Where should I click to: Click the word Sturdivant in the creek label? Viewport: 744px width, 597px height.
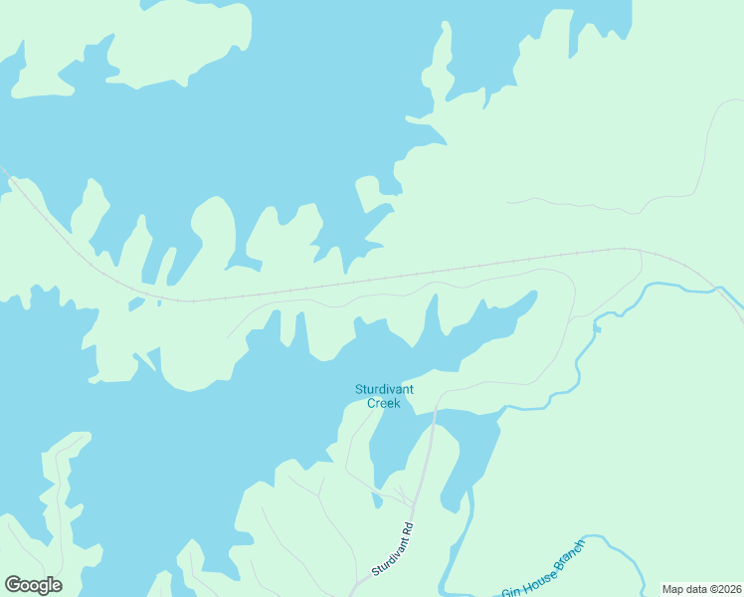384,389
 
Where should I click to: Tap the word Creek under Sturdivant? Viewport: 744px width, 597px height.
384,403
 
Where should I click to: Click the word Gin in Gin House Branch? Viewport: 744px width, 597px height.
511,591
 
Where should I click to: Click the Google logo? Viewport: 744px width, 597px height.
33,585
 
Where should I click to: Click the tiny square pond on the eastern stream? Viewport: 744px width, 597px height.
597,329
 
